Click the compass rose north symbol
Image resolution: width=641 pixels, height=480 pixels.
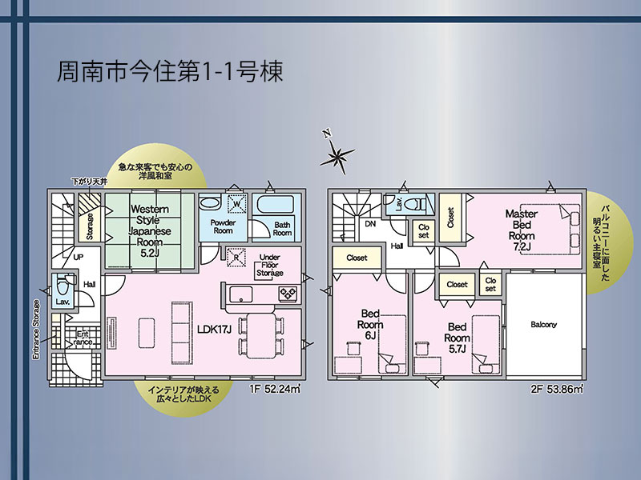point(337,154)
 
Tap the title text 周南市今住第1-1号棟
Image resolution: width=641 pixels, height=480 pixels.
point(170,72)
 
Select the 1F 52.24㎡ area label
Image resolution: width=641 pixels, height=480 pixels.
point(275,389)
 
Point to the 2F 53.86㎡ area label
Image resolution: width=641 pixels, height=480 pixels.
point(557,389)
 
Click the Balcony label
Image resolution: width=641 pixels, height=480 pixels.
point(544,325)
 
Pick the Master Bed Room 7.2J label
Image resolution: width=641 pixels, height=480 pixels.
point(522,230)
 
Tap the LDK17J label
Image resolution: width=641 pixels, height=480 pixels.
point(214,329)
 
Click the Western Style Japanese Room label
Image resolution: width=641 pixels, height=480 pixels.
point(150,231)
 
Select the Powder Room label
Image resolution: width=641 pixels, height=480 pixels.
point(223,226)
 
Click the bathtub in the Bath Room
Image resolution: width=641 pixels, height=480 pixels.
point(276,204)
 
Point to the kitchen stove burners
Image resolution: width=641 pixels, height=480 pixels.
point(288,293)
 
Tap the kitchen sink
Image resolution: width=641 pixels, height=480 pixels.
point(240,294)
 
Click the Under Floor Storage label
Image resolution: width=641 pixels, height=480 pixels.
point(270,266)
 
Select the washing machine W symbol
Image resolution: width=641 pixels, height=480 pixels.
point(237,204)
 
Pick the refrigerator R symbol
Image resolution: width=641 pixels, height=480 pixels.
point(236,258)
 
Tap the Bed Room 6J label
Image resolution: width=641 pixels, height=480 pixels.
point(370,325)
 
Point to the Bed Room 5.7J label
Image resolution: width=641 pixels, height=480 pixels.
point(457,338)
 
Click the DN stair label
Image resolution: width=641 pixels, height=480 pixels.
point(370,224)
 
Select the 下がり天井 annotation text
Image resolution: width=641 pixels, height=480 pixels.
point(90,182)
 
